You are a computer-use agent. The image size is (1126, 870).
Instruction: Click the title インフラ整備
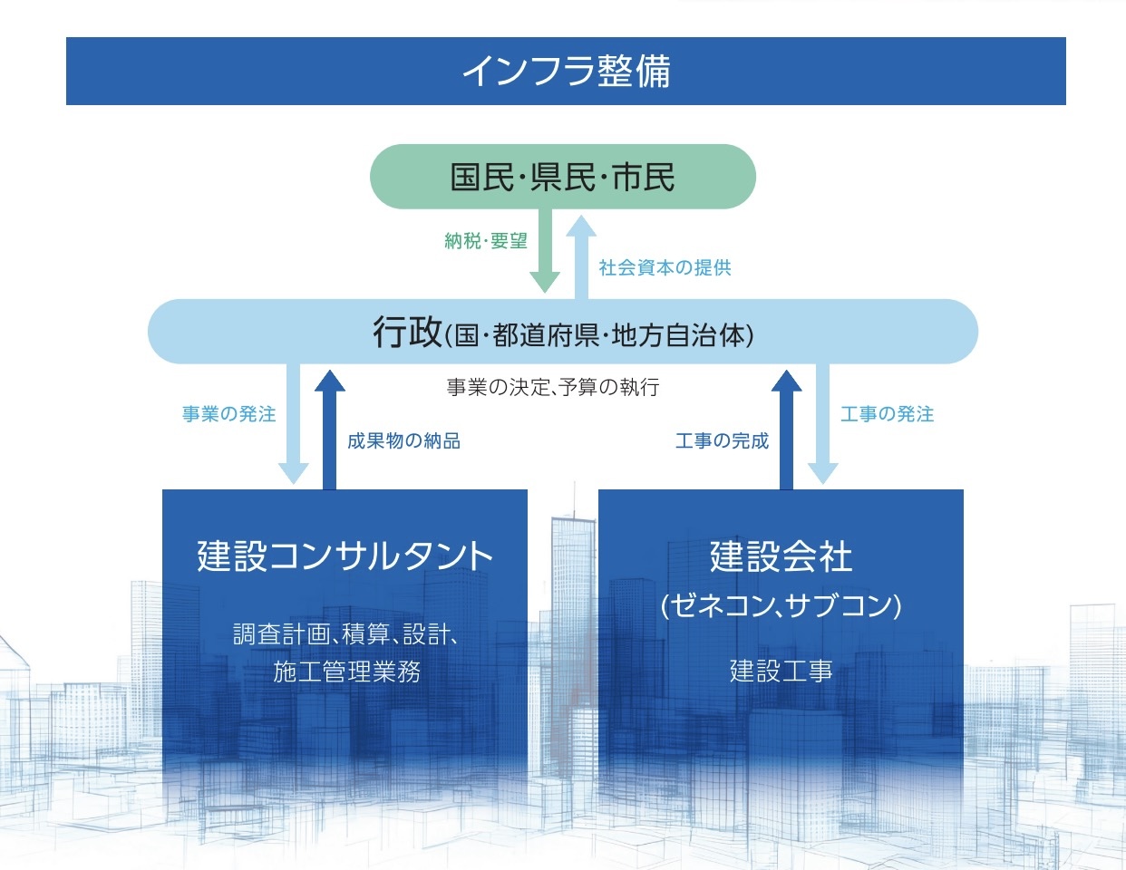[566, 71]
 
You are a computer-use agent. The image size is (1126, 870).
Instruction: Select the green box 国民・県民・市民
[563, 177]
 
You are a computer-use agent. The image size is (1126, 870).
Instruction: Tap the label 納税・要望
[486, 241]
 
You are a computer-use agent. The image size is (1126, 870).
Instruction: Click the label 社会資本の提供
[665, 267]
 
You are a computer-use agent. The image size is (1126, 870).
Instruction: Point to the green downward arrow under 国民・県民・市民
[545, 251]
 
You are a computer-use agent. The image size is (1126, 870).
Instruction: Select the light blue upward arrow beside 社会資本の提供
[581, 257]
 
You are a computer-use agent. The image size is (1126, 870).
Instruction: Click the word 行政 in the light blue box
[407, 333]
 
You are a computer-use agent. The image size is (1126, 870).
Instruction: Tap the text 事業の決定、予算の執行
[553, 387]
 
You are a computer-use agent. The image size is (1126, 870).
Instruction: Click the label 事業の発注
[229, 414]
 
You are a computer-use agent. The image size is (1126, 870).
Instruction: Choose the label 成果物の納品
[403, 440]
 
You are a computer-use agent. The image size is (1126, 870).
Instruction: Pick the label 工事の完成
[722, 440]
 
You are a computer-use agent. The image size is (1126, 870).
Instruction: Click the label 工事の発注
[888, 414]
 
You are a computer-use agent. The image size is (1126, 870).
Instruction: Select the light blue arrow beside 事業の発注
[294, 424]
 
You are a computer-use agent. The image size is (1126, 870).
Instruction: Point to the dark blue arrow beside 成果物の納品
[330, 430]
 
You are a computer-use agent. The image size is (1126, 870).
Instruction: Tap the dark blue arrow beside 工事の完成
[787, 430]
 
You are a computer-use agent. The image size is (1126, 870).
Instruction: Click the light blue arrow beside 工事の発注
[823, 424]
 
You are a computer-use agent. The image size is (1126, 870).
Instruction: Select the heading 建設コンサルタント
[345, 556]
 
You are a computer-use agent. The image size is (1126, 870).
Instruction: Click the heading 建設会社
[781, 556]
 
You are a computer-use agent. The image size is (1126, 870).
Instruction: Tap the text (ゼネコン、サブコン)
[781, 604]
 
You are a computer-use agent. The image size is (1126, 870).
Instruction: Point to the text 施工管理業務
[346, 672]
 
